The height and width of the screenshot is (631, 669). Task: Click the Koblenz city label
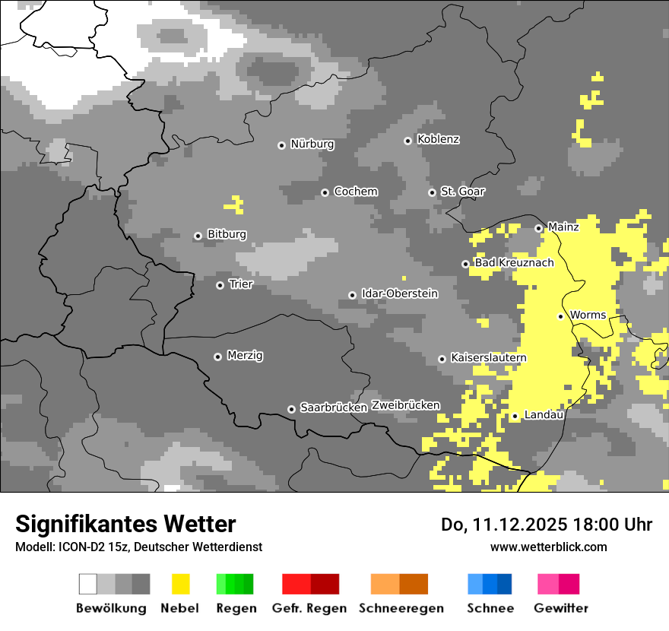click(x=438, y=140)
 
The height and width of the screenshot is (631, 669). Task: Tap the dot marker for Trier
click(x=220, y=285)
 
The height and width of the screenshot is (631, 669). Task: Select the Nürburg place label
click(x=312, y=144)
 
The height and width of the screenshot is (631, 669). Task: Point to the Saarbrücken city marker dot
click(x=291, y=409)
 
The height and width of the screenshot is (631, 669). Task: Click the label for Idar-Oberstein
click(x=399, y=293)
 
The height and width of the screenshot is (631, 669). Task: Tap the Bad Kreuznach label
click(x=514, y=263)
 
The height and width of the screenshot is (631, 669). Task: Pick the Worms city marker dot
click(x=560, y=316)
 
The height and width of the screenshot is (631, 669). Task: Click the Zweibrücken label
click(x=405, y=405)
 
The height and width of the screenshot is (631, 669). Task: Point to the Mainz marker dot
click(x=538, y=228)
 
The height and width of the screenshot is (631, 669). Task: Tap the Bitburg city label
click(x=227, y=234)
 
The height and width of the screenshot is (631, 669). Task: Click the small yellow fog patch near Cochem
click(x=235, y=204)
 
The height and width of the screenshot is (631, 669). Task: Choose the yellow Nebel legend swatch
click(x=180, y=584)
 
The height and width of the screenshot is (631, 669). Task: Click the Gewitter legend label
click(x=560, y=608)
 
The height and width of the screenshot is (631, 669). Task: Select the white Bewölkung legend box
click(x=88, y=584)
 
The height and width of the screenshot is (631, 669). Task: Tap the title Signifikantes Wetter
click(x=125, y=524)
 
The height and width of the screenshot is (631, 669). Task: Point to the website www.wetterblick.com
click(x=548, y=547)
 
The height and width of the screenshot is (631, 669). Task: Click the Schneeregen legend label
click(x=401, y=608)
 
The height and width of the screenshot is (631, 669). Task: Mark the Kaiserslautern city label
click(x=488, y=358)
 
